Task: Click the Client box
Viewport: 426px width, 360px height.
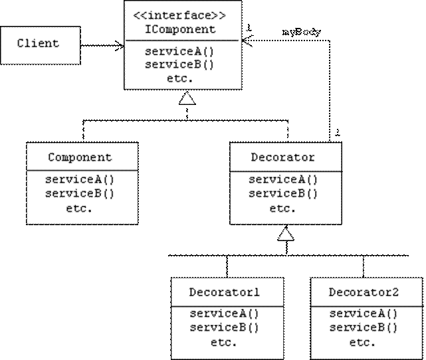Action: [39, 45]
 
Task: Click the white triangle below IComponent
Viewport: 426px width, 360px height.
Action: [187, 99]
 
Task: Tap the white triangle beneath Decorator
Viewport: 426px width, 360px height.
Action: [286, 234]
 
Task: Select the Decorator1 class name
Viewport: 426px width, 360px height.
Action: [225, 292]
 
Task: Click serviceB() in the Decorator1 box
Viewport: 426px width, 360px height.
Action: [225, 327]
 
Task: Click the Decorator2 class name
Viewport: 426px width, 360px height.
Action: [364, 292]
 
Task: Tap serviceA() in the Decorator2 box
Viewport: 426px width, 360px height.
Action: [364, 314]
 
